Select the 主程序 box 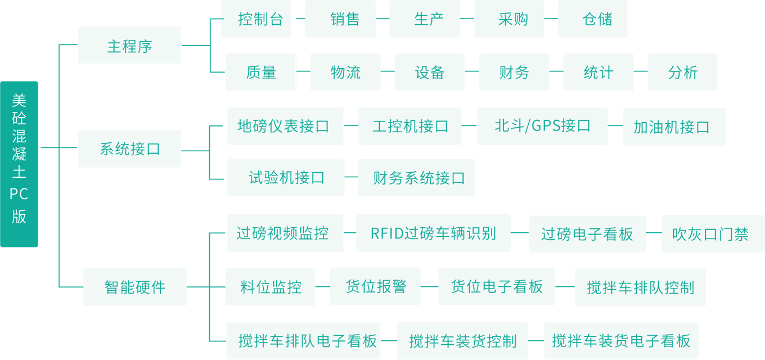click(x=129, y=45)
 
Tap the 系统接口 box click(x=129, y=148)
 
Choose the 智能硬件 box click(x=135, y=287)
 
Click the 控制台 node click(x=256, y=19)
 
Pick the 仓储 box click(x=593, y=19)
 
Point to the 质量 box click(x=261, y=72)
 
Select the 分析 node click(x=682, y=72)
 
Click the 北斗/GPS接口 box click(x=542, y=126)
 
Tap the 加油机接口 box click(x=674, y=127)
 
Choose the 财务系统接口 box click(x=416, y=178)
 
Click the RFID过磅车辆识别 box click(x=433, y=233)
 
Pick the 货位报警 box click(x=375, y=286)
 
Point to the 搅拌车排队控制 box click(x=640, y=287)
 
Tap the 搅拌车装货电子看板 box click(x=621, y=341)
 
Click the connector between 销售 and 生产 click(x=382, y=19)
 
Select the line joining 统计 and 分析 click(x=641, y=71)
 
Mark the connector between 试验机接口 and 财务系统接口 click(x=351, y=177)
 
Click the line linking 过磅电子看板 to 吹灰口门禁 click(x=654, y=233)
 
